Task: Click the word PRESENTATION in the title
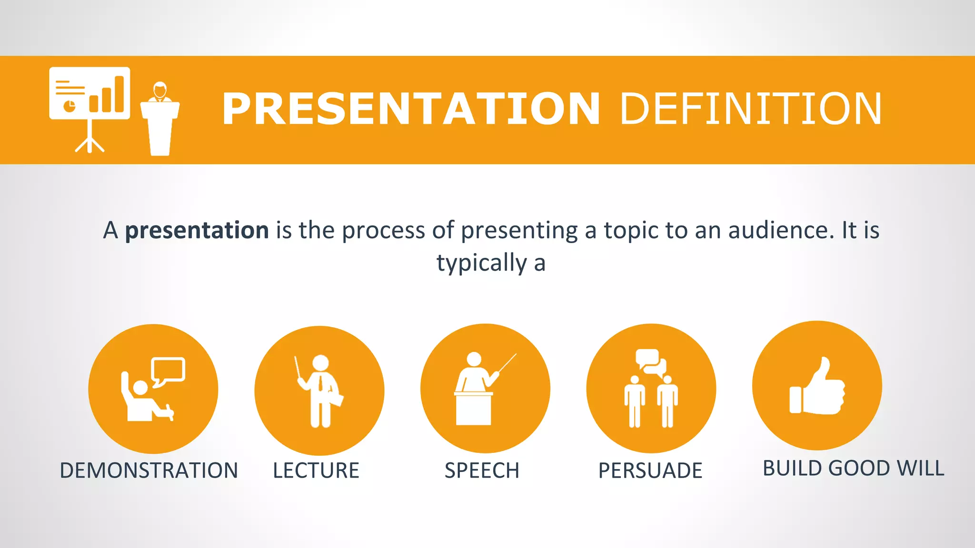point(410,109)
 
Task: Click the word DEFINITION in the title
point(751,109)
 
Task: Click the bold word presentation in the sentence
point(197,231)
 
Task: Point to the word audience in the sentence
point(781,231)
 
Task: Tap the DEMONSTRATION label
point(149,470)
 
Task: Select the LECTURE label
point(316,470)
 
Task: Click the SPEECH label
point(482,470)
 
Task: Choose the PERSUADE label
point(650,470)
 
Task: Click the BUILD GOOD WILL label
point(853,468)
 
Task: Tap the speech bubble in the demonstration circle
point(168,370)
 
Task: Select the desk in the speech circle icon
point(473,409)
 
